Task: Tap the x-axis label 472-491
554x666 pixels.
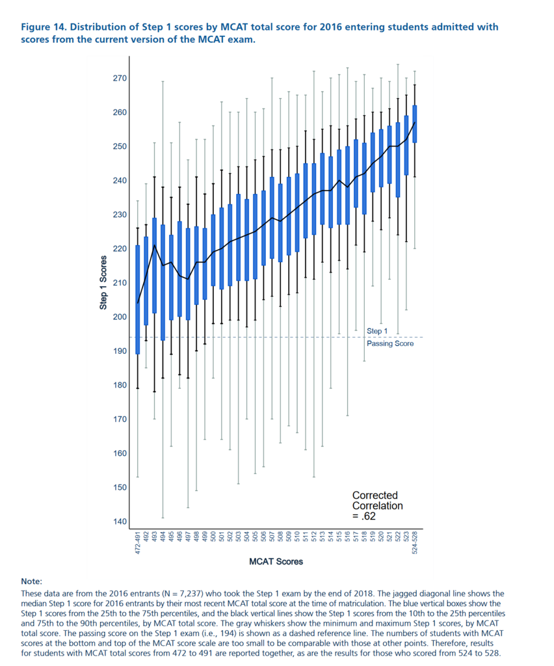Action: click(x=138, y=542)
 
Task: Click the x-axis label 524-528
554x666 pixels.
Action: click(x=415, y=542)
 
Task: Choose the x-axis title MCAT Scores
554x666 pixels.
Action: click(x=276, y=561)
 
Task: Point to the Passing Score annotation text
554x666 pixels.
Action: click(x=389, y=343)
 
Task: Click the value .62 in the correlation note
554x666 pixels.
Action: click(x=369, y=517)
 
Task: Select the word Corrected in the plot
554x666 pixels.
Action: click(x=375, y=496)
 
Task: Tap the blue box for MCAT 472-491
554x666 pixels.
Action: click(x=137, y=299)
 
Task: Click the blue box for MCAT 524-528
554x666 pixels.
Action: click(x=415, y=124)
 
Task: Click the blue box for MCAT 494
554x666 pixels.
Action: click(x=163, y=282)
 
